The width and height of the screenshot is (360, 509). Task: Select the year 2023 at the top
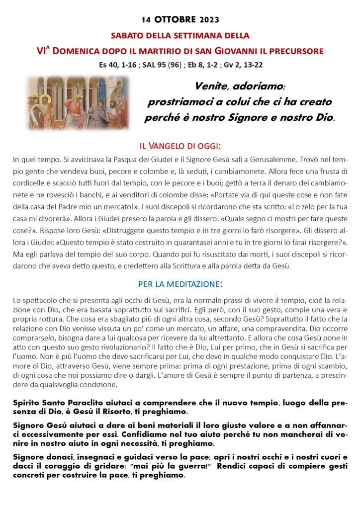coord(209,20)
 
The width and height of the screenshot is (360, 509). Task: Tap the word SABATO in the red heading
coord(126,36)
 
